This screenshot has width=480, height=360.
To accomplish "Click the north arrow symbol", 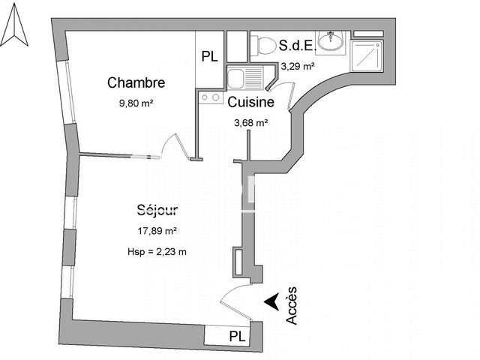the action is pos(14,26).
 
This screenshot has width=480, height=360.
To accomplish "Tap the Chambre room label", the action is pos(136,82).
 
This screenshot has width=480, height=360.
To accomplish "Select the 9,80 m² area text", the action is pos(136,103).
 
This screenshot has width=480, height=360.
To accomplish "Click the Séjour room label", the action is pos(157,211).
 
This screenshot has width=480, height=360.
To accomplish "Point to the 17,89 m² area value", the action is pos(157,231).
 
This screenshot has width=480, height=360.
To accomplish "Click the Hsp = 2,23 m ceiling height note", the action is pos(157,252).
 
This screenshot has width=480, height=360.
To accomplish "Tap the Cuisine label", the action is pos(251,102).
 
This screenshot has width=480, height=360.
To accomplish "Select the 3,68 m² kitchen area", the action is pos(251,123).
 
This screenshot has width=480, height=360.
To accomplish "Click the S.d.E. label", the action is pos(297,46).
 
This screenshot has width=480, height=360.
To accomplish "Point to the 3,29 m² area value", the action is pos(298,67).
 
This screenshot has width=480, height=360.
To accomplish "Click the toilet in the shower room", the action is pos(263,46).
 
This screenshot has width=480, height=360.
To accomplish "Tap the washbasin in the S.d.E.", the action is pos(331,41).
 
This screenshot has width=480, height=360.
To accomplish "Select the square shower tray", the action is pos(367,55).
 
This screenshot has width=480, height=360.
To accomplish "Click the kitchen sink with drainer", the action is pos(245,78).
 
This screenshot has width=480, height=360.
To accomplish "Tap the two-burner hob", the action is pos(211,97).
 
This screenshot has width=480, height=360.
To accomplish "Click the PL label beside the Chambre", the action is pos(210,57).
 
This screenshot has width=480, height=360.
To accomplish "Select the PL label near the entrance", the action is pos(237,337).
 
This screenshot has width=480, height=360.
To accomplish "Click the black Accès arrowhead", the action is pos(271,301).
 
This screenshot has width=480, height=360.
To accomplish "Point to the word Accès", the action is pos(292,305).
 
